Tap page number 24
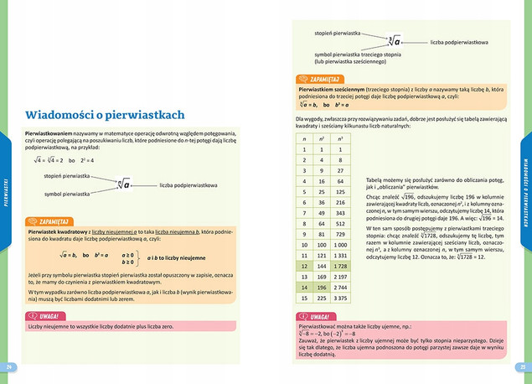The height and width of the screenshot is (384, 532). pos(9,366)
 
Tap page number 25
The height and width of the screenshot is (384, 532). pos(522,366)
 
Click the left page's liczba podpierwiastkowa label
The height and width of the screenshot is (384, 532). pos(188,184)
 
